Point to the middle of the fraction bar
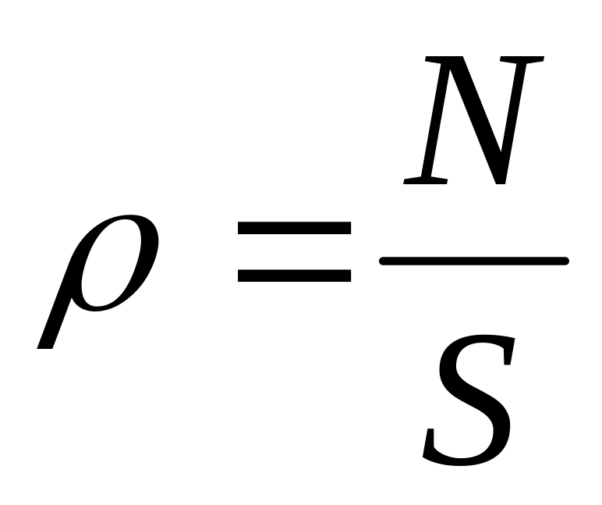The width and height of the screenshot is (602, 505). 473,261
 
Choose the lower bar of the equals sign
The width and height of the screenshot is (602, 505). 294,276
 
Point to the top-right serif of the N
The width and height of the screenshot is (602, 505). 524,57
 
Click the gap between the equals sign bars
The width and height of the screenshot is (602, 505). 294,252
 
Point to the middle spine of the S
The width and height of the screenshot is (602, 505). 472,398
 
